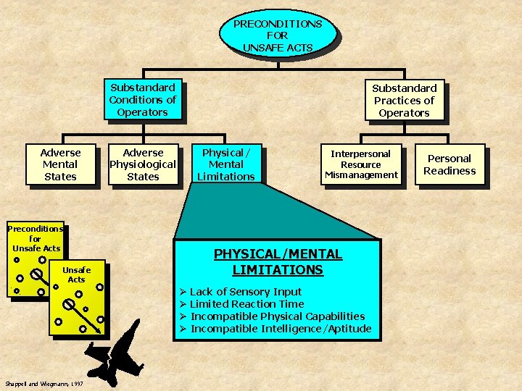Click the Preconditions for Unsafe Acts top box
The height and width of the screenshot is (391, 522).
277,35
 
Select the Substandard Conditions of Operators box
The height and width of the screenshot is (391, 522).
142,100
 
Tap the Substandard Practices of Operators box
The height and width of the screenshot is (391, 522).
404,101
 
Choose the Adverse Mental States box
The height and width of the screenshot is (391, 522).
60,164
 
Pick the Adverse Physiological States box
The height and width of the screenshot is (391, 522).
143,164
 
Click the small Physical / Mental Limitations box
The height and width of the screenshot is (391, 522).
227,164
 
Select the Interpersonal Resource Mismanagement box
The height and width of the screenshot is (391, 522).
360,164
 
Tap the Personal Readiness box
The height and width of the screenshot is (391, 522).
449,164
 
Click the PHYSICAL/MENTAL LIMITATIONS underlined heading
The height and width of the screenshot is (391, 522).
277,262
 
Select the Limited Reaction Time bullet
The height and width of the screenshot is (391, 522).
246,304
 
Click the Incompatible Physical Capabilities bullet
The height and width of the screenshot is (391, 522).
277,316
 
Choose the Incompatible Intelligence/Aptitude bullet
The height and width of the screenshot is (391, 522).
280,329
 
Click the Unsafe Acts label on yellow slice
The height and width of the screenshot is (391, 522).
76,274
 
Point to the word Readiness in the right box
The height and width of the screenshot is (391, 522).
449,171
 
